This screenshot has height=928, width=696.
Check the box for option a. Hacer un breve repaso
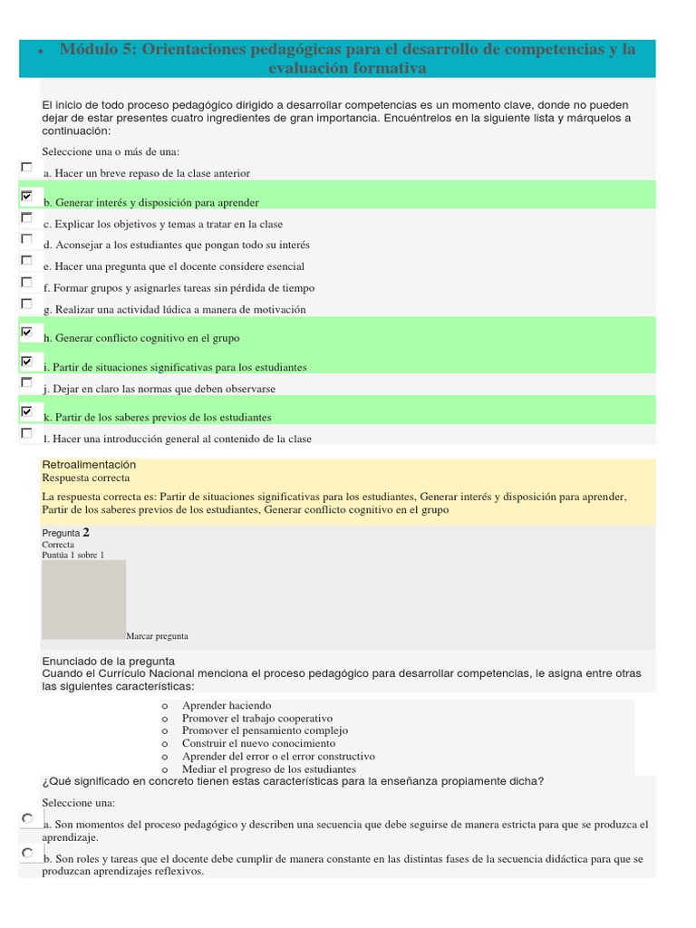click(26, 168)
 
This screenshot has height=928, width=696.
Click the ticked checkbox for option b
click(26, 196)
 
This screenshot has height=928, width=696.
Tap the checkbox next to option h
click(26, 333)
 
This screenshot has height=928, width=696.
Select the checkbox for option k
click(26, 411)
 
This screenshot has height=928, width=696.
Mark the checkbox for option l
click(26, 433)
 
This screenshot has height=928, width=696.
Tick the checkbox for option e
click(26, 260)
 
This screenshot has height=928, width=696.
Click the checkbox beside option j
click(26, 382)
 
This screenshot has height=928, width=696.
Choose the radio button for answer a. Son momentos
click(28, 818)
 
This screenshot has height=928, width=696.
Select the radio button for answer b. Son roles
click(28, 853)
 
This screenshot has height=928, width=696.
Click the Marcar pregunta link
click(158, 636)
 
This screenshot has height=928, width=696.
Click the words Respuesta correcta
click(86, 478)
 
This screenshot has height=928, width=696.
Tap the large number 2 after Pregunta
click(86, 532)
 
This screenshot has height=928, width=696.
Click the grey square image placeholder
click(84, 599)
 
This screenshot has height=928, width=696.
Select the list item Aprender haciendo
click(227, 705)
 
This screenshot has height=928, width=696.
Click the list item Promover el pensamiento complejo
click(265, 730)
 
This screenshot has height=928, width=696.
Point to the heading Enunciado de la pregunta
click(108, 661)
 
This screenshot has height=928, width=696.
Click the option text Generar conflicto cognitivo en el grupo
click(146, 338)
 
